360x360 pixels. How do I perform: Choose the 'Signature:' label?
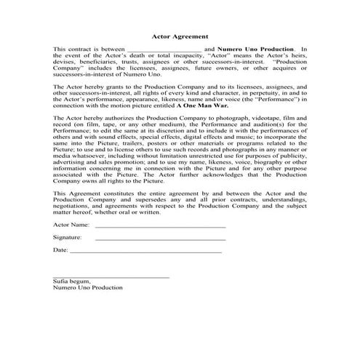tap(68, 238)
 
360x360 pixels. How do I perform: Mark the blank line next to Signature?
tap(160, 239)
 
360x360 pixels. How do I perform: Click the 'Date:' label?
tap(60, 250)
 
